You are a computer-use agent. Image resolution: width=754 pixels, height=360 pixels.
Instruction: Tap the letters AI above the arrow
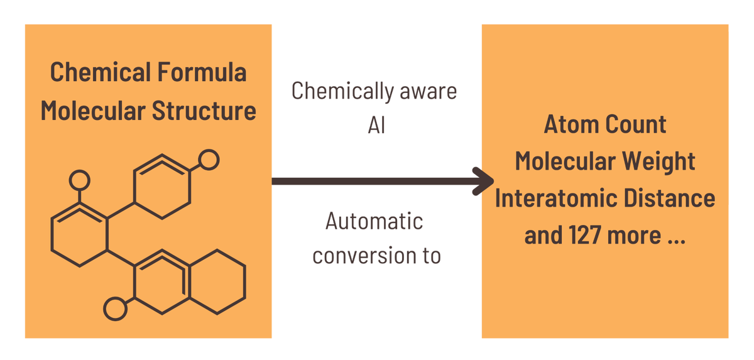click(x=375, y=125)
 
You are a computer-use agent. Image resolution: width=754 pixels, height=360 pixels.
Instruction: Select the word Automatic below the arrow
click(x=374, y=221)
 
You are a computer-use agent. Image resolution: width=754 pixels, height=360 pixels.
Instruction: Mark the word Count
click(x=637, y=124)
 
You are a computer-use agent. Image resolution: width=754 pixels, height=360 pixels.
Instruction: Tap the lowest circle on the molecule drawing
click(x=115, y=308)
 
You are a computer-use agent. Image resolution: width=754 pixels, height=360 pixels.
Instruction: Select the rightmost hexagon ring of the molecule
click(x=217, y=281)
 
